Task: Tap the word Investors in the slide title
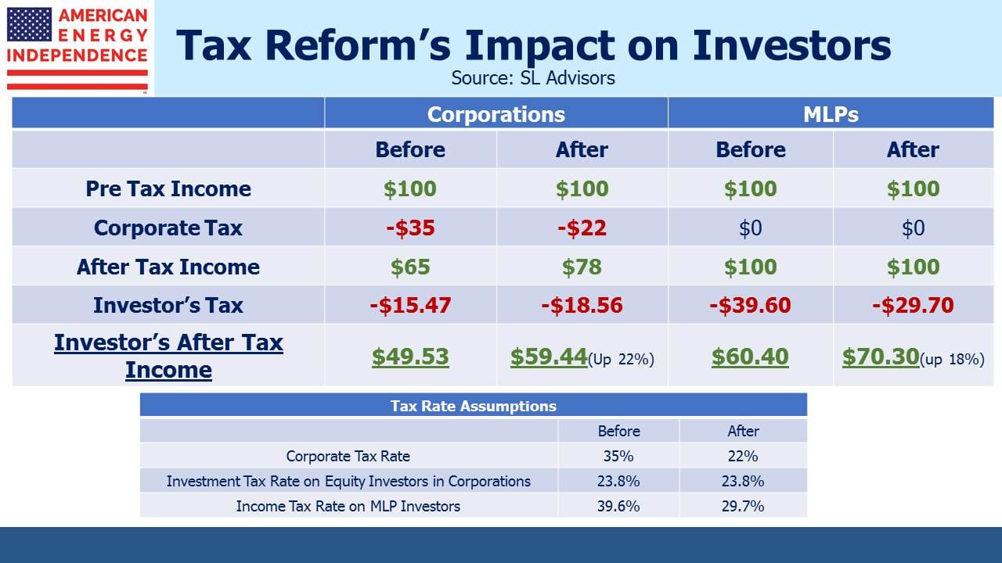pos(791,45)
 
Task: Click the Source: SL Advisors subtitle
pos(533,78)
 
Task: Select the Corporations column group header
pos(496,114)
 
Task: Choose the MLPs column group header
pos(831,114)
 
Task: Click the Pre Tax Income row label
pos(168,188)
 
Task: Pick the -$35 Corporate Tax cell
pos(410,228)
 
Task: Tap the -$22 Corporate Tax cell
pos(582,228)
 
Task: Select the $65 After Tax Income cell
pos(410,267)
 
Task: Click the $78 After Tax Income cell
pos(582,267)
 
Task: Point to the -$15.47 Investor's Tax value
pos(410,305)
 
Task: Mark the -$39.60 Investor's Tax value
pos(750,305)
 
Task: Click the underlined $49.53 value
pos(410,357)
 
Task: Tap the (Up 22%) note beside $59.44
pos(621,359)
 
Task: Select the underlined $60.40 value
pos(750,357)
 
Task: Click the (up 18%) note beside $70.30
pos(952,359)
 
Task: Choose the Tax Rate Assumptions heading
pos(474,406)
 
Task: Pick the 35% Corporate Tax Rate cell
pos(618,456)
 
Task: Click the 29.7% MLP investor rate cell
pos(743,506)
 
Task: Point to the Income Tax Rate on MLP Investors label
pos(348,506)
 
